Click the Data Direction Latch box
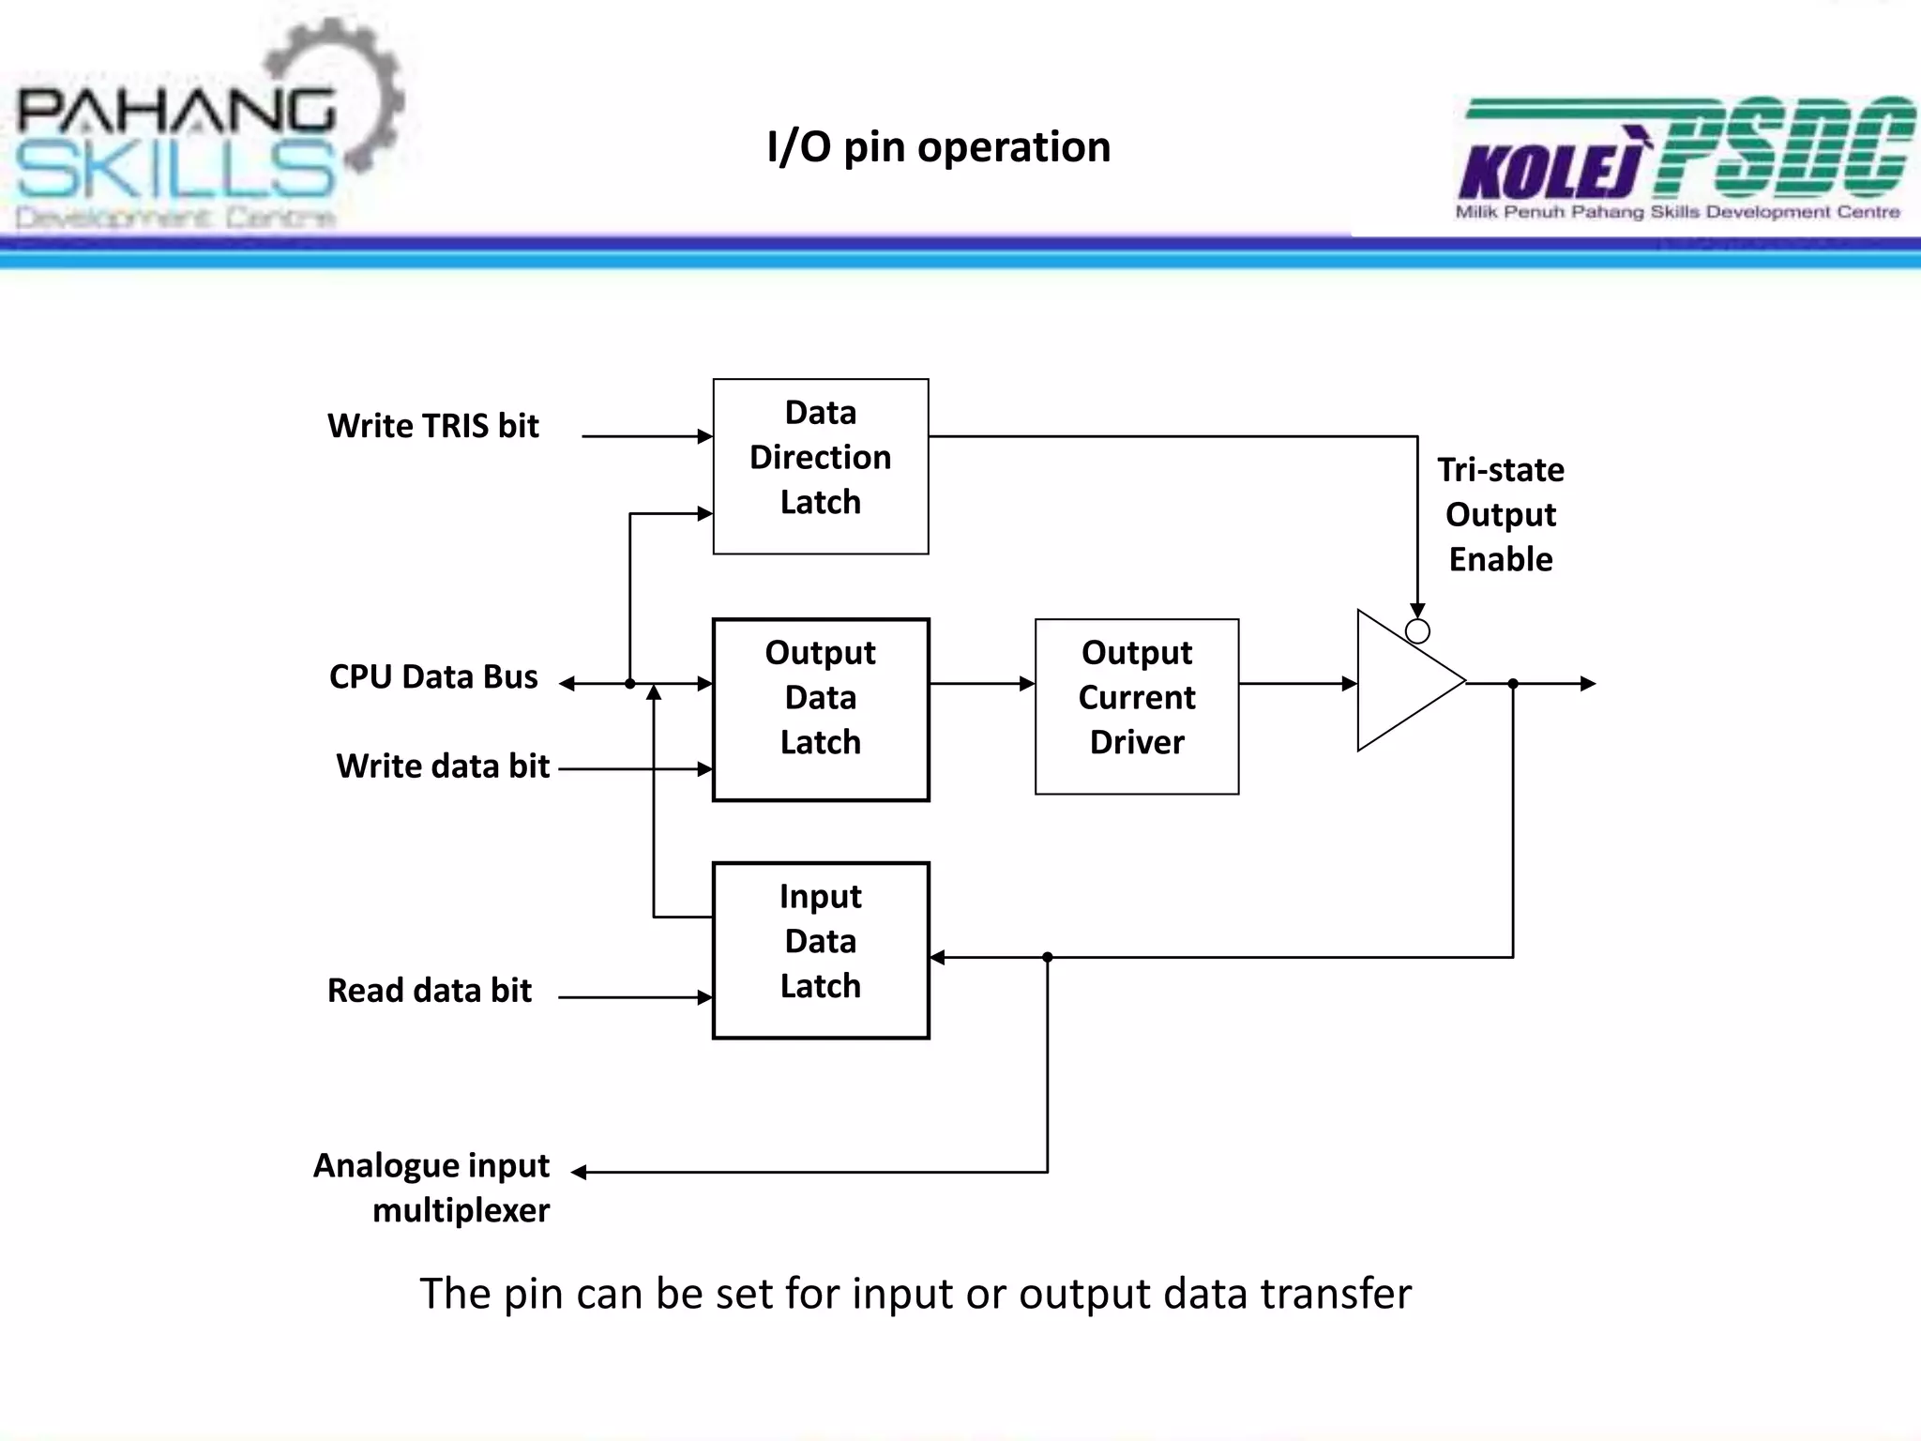[820, 466]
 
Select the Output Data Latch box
[820, 709]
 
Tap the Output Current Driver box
[1136, 706]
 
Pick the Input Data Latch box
[820, 949]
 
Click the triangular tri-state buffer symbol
[1402, 682]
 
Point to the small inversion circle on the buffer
[1417, 631]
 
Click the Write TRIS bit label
[432, 426]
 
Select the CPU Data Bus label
[432, 676]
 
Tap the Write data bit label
[442, 766]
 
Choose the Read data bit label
[429, 991]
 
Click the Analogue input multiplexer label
[431, 1187]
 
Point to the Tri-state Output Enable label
[1500, 514]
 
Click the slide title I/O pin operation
[938, 147]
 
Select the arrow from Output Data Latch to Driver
[981, 684]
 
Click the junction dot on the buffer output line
[1513, 684]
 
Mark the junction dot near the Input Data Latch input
[1048, 958]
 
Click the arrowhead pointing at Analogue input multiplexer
[580, 1172]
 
